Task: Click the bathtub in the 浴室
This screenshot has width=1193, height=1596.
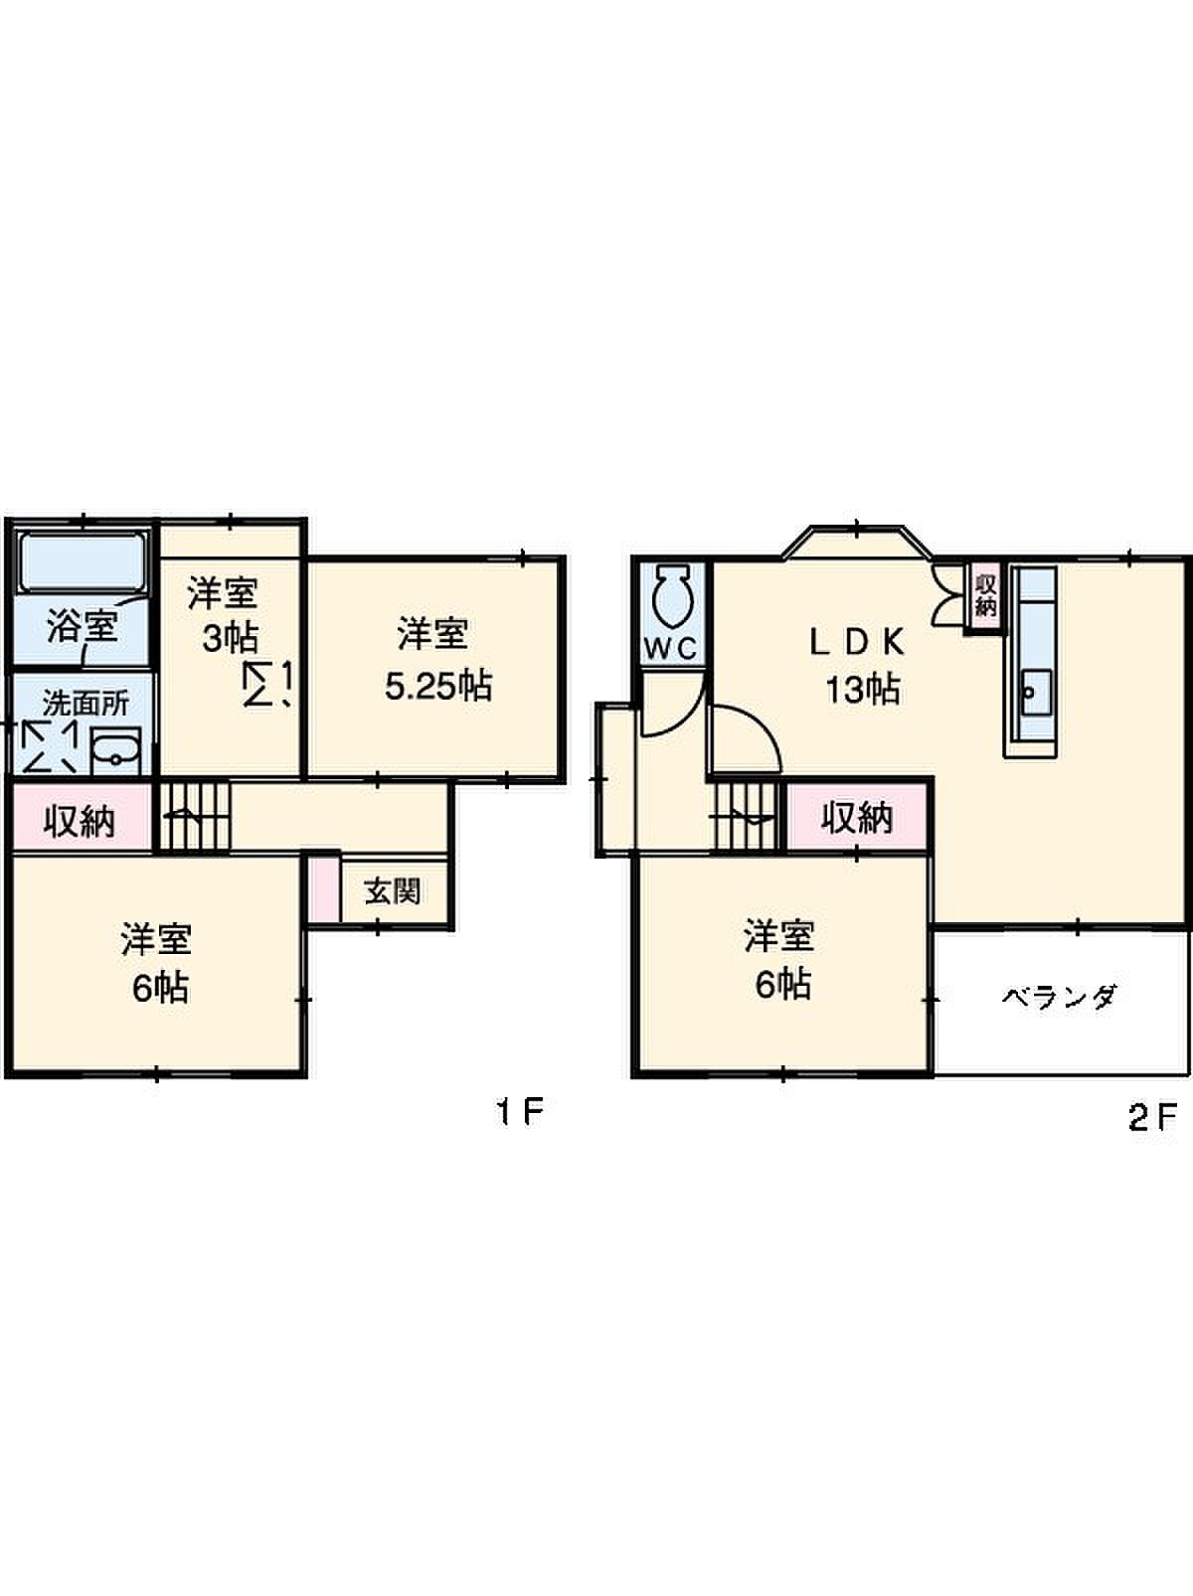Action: [83, 562]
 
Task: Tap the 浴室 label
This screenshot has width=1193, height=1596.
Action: [82, 626]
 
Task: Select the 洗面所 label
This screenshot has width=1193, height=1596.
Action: [85, 704]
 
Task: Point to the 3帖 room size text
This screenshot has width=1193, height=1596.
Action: [230, 638]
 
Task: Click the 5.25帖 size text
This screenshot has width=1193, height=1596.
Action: [437, 686]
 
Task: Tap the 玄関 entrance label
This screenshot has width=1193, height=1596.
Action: [393, 890]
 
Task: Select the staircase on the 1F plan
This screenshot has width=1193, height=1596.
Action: [195, 815]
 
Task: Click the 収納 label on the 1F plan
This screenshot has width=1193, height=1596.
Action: [80, 822]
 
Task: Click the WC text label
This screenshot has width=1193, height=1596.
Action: [671, 649]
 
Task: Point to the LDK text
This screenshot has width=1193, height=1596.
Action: [858, 643]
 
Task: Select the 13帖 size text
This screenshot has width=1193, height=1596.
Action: [862, 689]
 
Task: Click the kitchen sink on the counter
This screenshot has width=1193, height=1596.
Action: [1037, 693]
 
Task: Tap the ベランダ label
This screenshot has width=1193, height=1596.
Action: [1059, 996]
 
